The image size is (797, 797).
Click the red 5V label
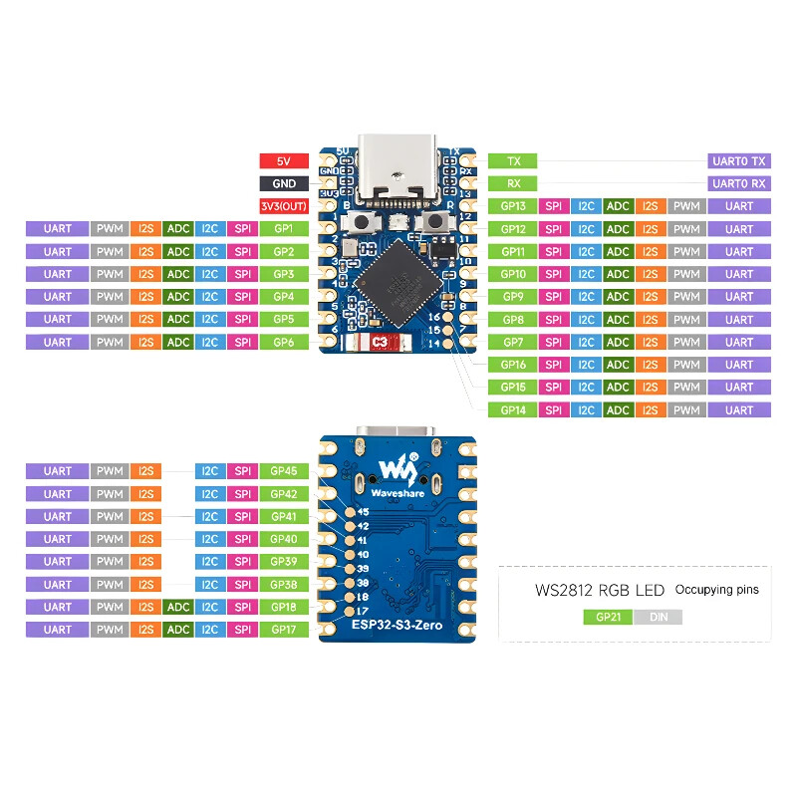click(284, 160)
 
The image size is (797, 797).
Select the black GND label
click(284, 183)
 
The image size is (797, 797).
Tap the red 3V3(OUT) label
click(284, 206)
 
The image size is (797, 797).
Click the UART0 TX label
click(739, 160)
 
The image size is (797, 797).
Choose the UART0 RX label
click(739, 183)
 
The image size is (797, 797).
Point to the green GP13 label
click(513, 206)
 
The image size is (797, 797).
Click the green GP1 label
click(284, 229)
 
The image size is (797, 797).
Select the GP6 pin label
click(284, 342)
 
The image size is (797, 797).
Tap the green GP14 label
click(513, 409)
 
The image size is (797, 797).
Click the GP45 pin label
click(284, 470)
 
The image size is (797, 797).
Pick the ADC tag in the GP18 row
click(178, 607)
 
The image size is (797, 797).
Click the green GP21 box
click(608, 617)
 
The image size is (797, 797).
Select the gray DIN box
click(658, 617)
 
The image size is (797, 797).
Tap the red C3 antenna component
click(379, 343)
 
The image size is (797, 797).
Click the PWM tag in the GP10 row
click(685, 274)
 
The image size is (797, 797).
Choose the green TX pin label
click(513, 160)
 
